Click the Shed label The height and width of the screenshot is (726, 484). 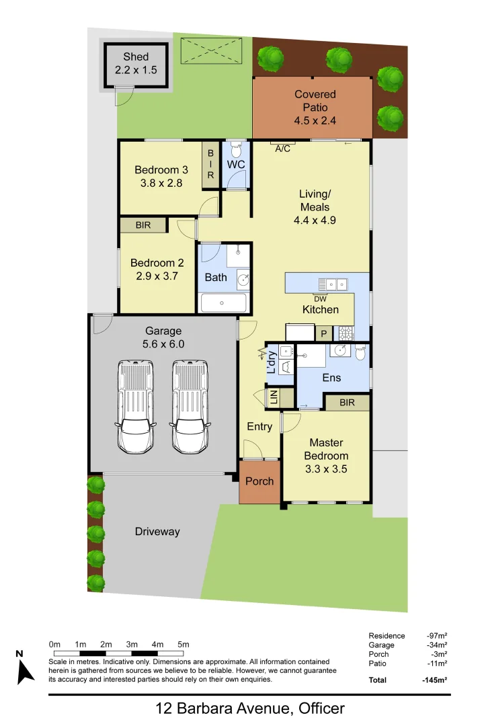click(x=136, y=57)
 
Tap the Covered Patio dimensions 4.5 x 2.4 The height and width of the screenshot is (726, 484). click(x=315, y=121)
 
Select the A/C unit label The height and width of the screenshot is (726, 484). click(x=283, y=149)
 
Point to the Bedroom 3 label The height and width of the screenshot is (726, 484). click(x=157, y=169)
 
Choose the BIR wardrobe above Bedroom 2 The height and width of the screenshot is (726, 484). click(x=143, y=225)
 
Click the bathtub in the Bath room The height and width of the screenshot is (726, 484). click(x=224, y=303)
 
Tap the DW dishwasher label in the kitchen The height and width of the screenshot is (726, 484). click(x=320, y=298)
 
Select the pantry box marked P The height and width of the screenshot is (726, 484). click(x=323, y=333)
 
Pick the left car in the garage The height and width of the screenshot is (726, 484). click(x=136, y=406)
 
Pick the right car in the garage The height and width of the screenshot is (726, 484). click(x=190, y=406)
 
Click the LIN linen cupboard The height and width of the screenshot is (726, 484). click(x=274, y=398)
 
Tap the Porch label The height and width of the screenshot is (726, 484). click(x=259, y=481)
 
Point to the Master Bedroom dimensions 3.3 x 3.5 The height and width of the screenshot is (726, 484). click(x=326, y=469)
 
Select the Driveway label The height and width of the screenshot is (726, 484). click(x=157, y=532)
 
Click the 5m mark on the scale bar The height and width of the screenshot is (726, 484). click(x=184, y=645)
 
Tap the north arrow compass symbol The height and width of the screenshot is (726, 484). click(x=26, y=670)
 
